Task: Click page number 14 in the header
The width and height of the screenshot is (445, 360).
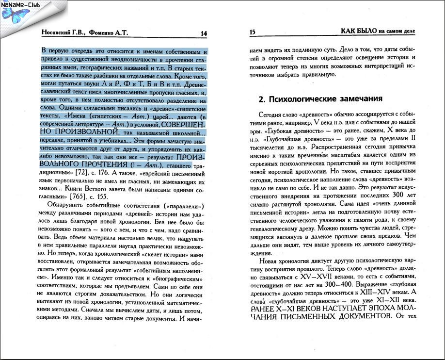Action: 204,33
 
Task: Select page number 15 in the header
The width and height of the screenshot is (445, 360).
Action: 252,33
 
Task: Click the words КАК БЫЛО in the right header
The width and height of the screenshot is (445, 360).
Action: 358,32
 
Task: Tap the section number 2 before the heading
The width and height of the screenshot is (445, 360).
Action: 261,99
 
